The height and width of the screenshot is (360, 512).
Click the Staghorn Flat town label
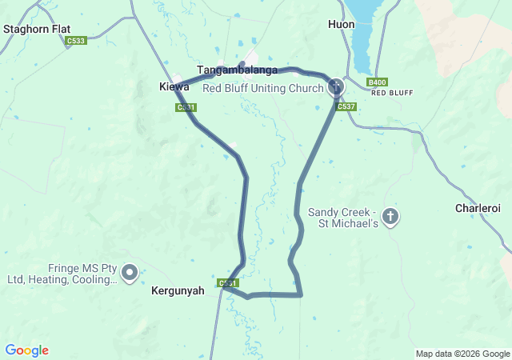pyautogui.click(x=37, y=29)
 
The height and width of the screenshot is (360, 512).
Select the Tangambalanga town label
pyautogui.click(x=237, y=70)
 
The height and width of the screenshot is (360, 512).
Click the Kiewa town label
pyautogui.click(x=174, y=86)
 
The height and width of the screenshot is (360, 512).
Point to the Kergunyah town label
pyautogui.click(x=177, y=292)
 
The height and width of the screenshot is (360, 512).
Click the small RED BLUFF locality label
pyautogui.click(x=392, y=93)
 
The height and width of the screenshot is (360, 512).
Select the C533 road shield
pyautogui.click(x=77, y=41)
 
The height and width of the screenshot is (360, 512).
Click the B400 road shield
pyautogui.click(x=377, y=82)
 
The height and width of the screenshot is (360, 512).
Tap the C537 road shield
pyautogui.click(x=346, y=106)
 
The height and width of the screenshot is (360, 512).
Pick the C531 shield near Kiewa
pyautogui.click(x=186, y=106)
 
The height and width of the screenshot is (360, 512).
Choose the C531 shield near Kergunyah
pyautogui.click(x=228, y=283)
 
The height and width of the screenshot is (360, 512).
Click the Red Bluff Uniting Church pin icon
pyautogui.click(x=336, y=86)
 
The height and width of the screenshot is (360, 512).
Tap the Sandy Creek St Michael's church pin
pyautogui.click(x=390, y=217)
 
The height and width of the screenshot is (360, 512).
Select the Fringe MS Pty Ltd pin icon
pyautogui.click(x=130, y=273)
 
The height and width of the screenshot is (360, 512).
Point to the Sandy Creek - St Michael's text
pyautogui.click(x=342, y=218)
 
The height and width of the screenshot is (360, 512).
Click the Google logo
pyautogui.click(x=26, y=350)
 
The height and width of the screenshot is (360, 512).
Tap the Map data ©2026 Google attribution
pyautogui.click(x=462, y=354)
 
